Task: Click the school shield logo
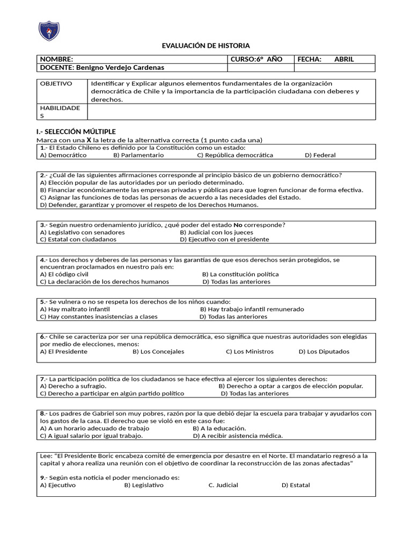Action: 49,31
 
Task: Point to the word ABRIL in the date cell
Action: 344,59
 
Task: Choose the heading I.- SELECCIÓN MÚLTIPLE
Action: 75,132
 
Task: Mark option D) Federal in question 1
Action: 320,155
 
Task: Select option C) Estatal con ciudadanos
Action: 78,240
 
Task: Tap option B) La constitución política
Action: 240,274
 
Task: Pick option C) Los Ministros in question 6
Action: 249,352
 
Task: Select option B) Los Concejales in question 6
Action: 158,352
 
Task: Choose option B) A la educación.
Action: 219,429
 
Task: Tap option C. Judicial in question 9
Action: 223,486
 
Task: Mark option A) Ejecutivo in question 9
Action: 58,486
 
